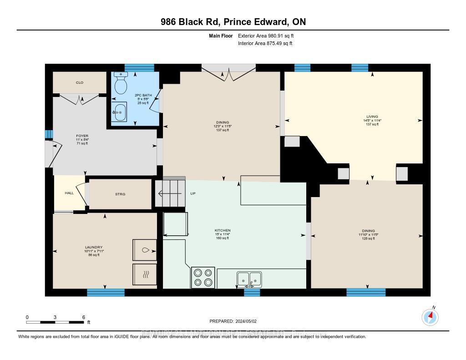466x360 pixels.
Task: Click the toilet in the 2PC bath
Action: (121, 83)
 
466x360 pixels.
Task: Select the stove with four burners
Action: (203, 277)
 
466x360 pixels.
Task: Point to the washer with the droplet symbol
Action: (145, 250)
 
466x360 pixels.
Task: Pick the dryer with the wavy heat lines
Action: (145, 275)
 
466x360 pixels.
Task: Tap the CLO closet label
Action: (80, 82)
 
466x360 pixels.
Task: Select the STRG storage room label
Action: (120, 194)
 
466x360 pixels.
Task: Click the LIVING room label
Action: (372, 117)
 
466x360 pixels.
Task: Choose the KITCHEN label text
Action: (223, 230)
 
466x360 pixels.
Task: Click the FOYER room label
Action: (82, 136)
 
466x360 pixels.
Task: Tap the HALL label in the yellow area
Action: (69, 193)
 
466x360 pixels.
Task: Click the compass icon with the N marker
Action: (430, 317)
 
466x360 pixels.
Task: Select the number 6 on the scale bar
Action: (83, 317)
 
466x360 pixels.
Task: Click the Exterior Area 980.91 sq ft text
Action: (269, 35)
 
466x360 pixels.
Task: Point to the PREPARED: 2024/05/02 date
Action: (233, 321)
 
